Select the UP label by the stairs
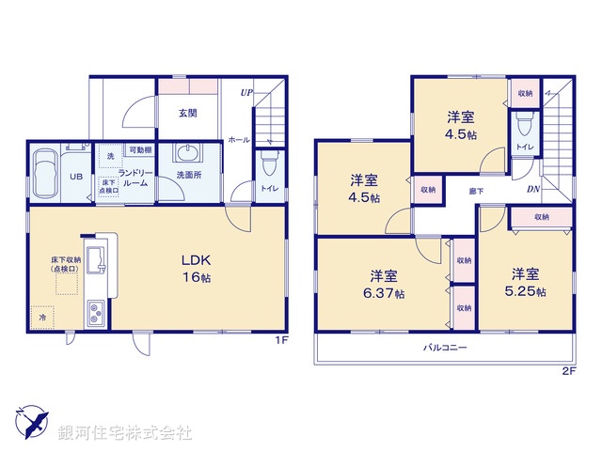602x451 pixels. tap(246, 92)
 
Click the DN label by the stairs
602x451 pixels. tap(532, 190)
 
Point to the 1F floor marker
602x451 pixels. tap(280, 340)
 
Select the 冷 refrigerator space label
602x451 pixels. tap(42, 319)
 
